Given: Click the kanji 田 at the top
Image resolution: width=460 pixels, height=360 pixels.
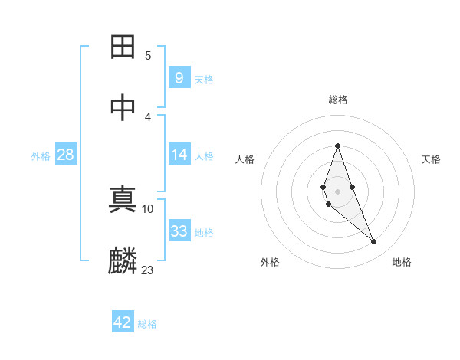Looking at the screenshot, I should click(x=123, y=47).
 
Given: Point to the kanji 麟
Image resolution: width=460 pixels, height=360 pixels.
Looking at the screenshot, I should click(x=123, y=260).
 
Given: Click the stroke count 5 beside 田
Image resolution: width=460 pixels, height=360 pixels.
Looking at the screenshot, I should click(x=148, y=55).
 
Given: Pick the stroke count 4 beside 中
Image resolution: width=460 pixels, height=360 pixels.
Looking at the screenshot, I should click(x=148, y=116).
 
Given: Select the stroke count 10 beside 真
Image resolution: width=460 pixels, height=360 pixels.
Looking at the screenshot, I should click(x=148, y=208).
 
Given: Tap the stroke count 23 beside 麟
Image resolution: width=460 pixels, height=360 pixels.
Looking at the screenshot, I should click(x=148, y=269).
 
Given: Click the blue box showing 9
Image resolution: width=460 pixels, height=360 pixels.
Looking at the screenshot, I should click(x=179, y=77).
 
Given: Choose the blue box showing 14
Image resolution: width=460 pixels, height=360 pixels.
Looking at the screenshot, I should click(x=179, y=155).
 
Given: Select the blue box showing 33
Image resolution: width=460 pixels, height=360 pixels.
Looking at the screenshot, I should click(x=179, y=231).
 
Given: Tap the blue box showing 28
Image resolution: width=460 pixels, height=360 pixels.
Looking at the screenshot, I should click(x=65, y=155).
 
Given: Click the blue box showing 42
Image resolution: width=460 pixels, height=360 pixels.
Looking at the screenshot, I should click(x=122, y=322).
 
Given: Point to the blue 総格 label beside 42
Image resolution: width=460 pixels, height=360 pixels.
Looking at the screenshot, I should click(x=147, y=324).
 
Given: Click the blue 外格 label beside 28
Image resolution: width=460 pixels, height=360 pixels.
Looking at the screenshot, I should click(x=41, y=156).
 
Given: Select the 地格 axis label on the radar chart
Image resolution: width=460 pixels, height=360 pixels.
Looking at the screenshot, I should click(x=402, y=263).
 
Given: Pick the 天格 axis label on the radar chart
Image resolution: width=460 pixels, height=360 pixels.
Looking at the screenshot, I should click(x=431, y=159).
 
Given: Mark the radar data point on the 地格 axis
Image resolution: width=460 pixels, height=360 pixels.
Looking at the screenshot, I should click(x=374, y=242).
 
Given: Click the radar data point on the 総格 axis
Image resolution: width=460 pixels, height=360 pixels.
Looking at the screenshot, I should click(x=337, y=146).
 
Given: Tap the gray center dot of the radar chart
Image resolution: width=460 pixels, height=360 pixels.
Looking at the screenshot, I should click(x=337, y=191).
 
